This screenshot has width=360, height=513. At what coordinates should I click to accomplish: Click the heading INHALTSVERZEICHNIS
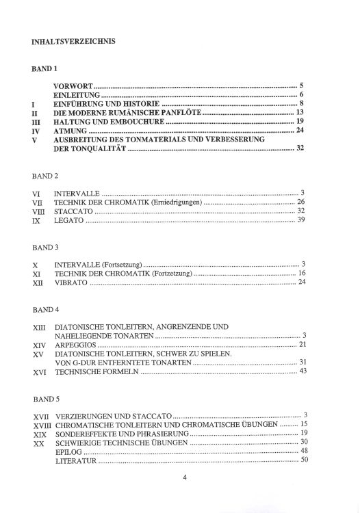[73, 40]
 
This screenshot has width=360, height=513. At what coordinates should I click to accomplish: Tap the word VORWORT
[73, 86]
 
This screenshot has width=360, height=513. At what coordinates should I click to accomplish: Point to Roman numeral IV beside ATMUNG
[37, 130]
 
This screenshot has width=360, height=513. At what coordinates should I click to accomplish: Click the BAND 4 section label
[45, 310]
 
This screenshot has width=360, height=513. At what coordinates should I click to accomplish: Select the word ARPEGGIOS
[75, 344]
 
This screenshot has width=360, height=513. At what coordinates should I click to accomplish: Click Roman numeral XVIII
[42, 425]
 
